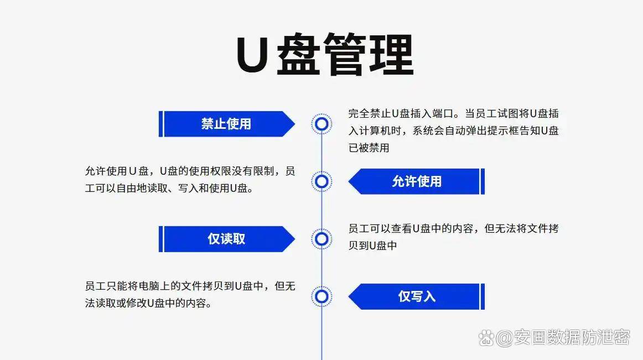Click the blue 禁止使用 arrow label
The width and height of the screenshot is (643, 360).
pos(227,124)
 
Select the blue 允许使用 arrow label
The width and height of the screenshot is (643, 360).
pos(417,181)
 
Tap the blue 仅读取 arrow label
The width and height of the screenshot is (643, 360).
pos(227,239)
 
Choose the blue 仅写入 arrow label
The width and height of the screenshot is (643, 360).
pos(417,296)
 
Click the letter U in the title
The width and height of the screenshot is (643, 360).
pos(252,55)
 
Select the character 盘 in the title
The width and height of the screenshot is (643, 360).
pos(299,54)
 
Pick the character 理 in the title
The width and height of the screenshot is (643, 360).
pos(392,54)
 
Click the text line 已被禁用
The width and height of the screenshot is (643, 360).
pos(369,148)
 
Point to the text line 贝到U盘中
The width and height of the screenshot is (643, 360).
pos(372,245)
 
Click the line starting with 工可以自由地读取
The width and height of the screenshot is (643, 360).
pos(169,188)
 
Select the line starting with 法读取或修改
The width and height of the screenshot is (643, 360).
pos(148,303)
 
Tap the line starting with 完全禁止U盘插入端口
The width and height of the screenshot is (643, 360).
pos(454,113)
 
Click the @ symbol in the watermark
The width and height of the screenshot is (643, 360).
pos(504,338)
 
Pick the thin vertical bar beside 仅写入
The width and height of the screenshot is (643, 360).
pos(483,296)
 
